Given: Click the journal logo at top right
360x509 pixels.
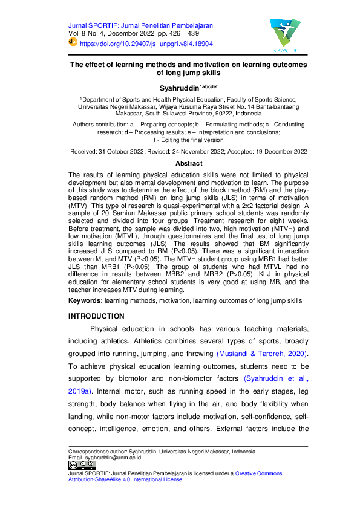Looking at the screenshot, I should point(280,34).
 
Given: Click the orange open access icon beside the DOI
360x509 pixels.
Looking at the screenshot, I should point(73,43).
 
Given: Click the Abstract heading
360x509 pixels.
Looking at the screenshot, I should point(189,164).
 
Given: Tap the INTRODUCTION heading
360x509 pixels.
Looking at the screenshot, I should point(96,316).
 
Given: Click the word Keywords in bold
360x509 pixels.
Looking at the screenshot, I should point(85,300).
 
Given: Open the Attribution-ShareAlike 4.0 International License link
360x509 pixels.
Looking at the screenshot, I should point(126,479).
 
